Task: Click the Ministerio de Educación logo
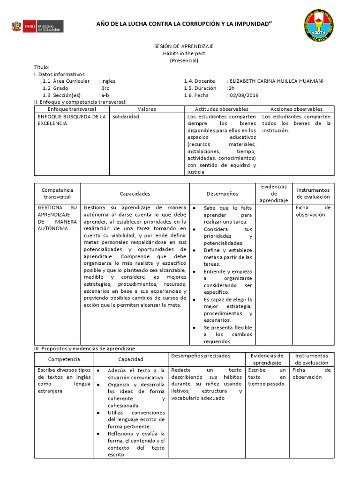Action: click(x=37, y=26)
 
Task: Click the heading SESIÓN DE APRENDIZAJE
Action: click(x=184, y=47)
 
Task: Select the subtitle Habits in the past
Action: click(x=184, y=54)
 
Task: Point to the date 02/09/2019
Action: click(x=243, y=95)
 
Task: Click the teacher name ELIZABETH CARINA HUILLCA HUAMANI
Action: click(x=275, y=81)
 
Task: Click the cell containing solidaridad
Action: click(x=126, y=116)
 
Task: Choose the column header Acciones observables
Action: click(x=296, y=109)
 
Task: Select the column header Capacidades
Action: click(x=135, y=193)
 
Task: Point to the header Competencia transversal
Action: click(x=58, y=193)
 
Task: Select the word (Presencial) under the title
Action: click(x=184, y=61)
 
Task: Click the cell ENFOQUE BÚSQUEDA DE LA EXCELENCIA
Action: click(x=71, y=120)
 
